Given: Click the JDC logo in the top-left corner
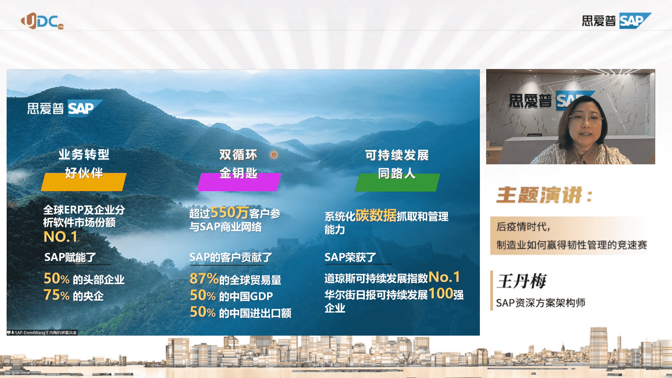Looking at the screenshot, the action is (42, 21).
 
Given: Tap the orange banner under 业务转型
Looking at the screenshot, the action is (84, 182).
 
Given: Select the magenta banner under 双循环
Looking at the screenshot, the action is (239, 182).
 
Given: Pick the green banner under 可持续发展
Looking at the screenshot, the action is (397, 182).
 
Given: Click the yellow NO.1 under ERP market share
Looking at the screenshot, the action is (61, 237).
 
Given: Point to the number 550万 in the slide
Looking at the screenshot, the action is (230, 212).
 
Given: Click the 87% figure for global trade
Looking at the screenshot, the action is (204, 279).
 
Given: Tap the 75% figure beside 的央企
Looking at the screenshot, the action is (56, 295).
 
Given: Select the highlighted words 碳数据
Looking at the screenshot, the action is (376, 215).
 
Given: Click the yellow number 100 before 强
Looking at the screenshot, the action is (441, 294).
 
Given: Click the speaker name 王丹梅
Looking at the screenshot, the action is (522, 281).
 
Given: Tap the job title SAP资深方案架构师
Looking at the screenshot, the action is (541, 303).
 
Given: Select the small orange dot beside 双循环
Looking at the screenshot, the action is (274, 154).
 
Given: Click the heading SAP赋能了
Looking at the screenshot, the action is (70, 257).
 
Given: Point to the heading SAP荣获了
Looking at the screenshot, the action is (350, 257).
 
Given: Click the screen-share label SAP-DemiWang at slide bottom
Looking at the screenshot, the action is (42, 332).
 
